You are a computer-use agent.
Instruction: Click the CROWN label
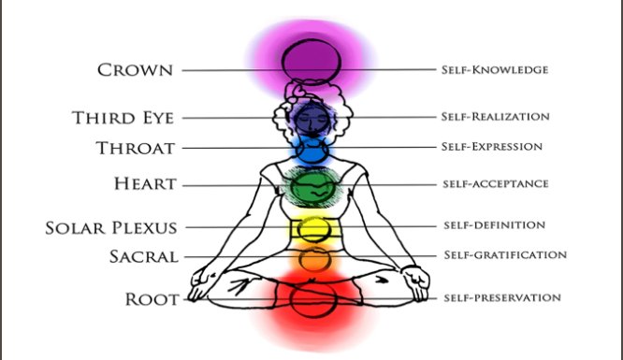[135, 70]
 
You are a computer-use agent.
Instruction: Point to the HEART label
[145, 185]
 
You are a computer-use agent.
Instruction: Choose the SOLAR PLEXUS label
[111, 227]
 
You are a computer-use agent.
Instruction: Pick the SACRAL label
[138, 255]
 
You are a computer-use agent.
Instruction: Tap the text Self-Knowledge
[495, 70]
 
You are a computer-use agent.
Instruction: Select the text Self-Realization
[495, 118]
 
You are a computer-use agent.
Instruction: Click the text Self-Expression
[491, 148]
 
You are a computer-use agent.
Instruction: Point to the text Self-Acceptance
[494, 185]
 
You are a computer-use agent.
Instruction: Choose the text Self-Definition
[492, 226]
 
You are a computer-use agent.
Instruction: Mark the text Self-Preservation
[501, 298]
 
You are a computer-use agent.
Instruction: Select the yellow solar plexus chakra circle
[311, 228]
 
